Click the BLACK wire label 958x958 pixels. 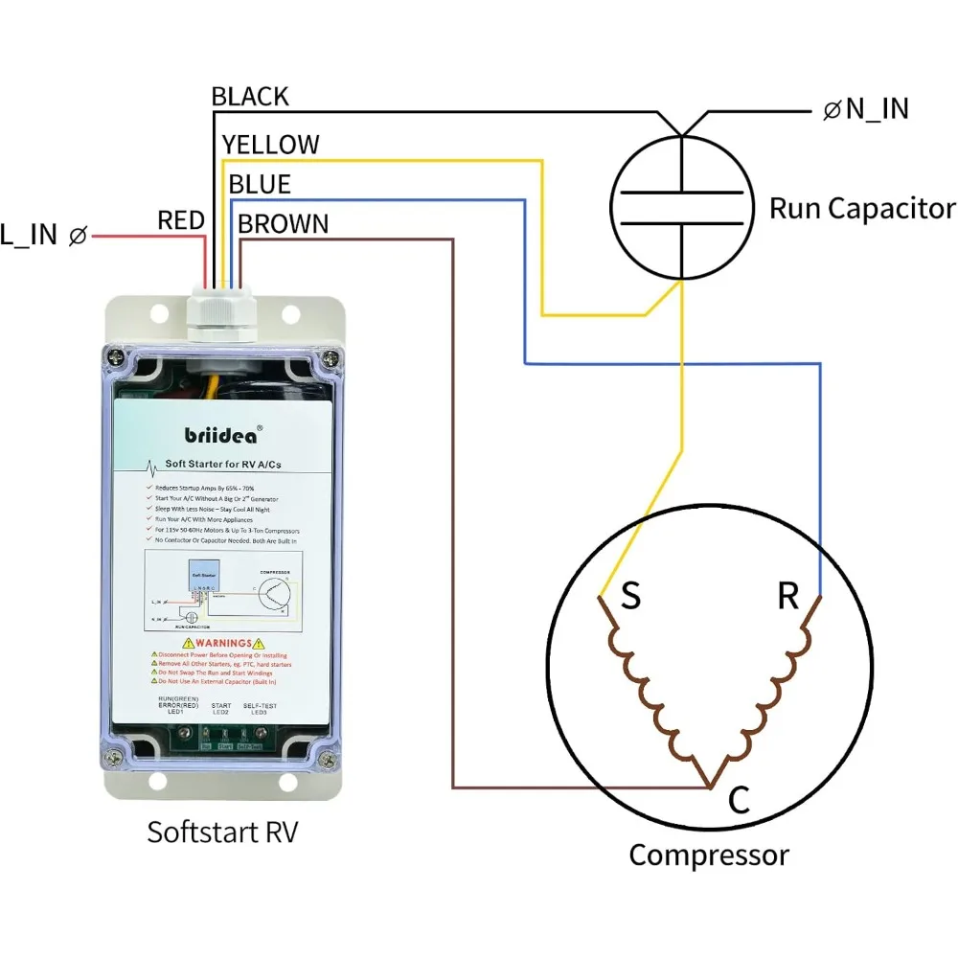point(249,97)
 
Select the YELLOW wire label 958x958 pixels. point(270,145)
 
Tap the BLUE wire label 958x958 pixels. point(259,184)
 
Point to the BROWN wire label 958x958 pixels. point(283,224)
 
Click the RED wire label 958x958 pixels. point(181,221)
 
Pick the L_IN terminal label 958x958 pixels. point(29,235)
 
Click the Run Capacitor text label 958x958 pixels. point(862,209)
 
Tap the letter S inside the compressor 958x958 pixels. point(630,597)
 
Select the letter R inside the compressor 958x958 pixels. point(787,597)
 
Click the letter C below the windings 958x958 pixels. point(739,801)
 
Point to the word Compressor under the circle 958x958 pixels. point(709,855)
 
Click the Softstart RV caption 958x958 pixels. point(222,832)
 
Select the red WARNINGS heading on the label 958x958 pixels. point(221,643)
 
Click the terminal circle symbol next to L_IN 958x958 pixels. point(79,235)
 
